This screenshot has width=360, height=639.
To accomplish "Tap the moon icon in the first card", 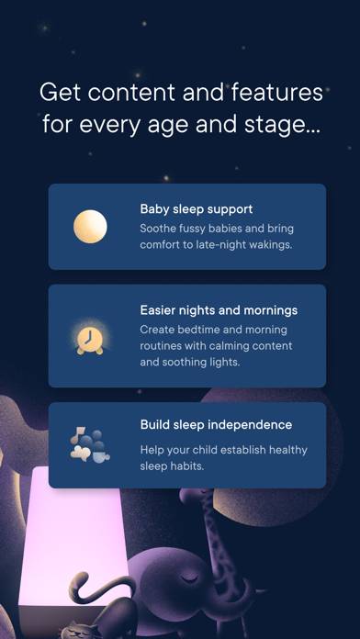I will [x=90, y=227].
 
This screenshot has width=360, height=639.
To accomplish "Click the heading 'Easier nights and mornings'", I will [x=219, y=310].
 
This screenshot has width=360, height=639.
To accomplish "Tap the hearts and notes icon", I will [x=90, y=445].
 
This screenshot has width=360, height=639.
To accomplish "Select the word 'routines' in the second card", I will [x=163, y=345].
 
